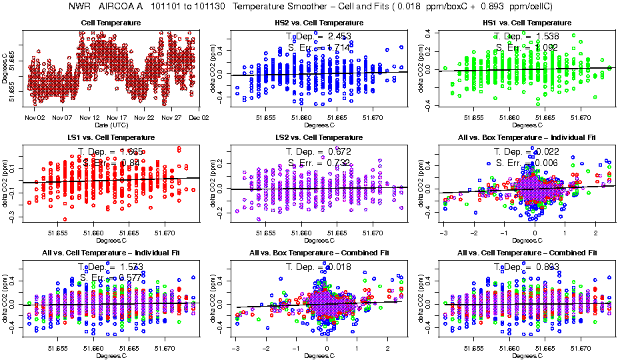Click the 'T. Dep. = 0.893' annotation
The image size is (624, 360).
[527, 267]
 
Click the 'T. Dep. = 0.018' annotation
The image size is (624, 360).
[319, 267]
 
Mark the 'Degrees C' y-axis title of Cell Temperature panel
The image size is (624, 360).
[5, 69]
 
